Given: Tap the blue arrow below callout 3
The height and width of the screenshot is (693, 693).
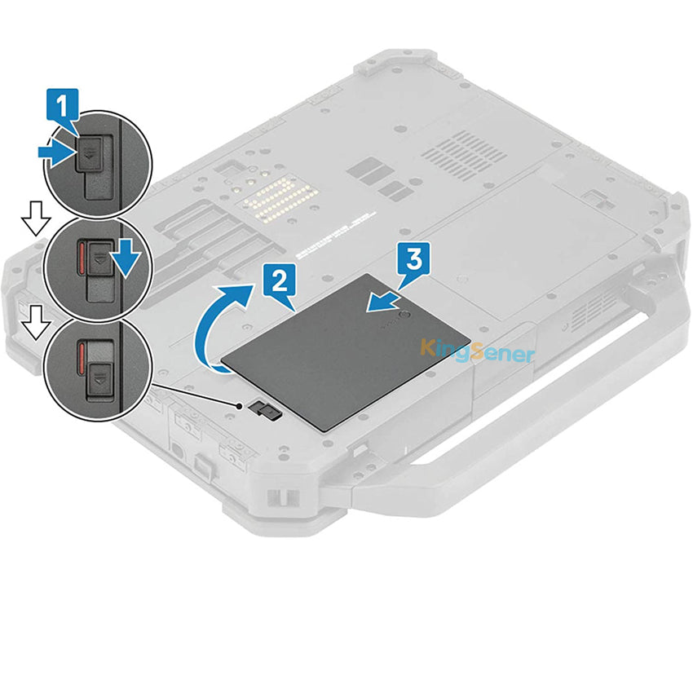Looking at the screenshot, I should tap(383, 300).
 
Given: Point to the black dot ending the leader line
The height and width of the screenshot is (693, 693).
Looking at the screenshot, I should tap(238, 405).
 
